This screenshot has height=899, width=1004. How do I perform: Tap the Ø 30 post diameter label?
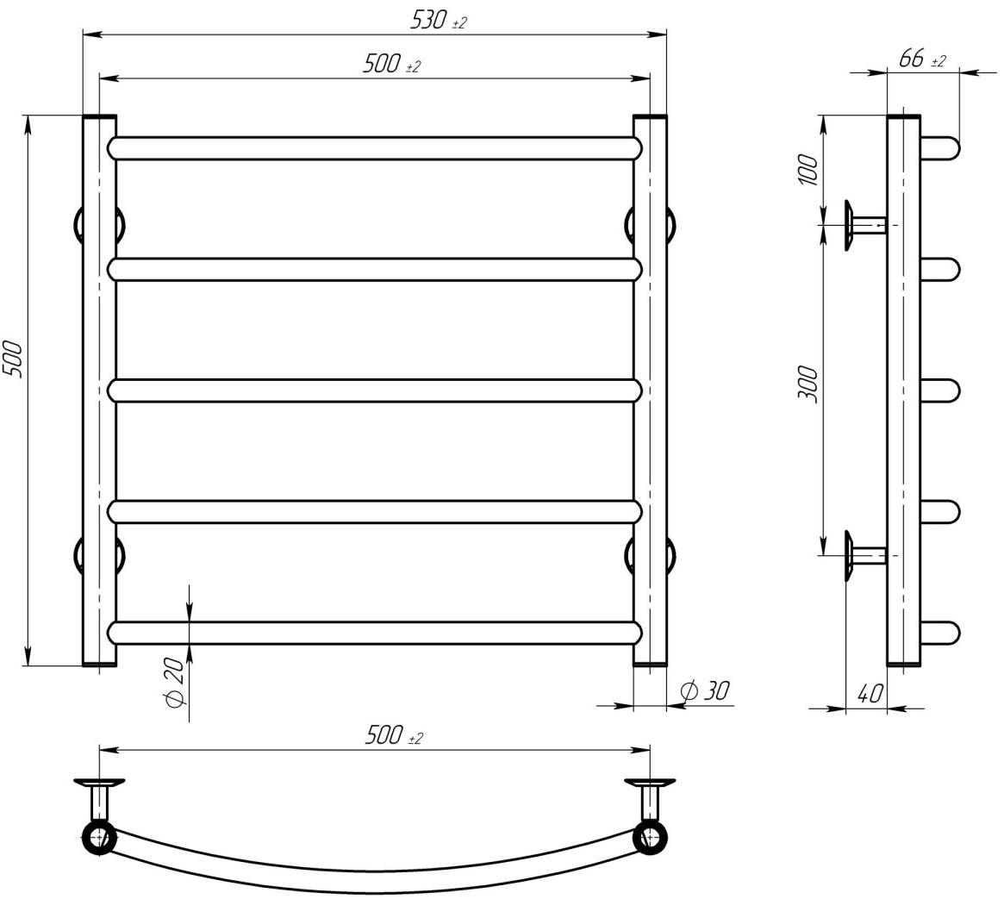704,690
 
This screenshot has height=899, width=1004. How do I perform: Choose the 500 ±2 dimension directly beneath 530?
391,65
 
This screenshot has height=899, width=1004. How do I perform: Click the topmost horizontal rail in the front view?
375,148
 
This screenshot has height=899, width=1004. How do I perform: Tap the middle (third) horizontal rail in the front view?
375,390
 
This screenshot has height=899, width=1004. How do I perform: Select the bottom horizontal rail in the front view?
375,633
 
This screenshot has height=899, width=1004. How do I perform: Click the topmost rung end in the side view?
942,148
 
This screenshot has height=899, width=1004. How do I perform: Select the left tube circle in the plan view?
99,837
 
